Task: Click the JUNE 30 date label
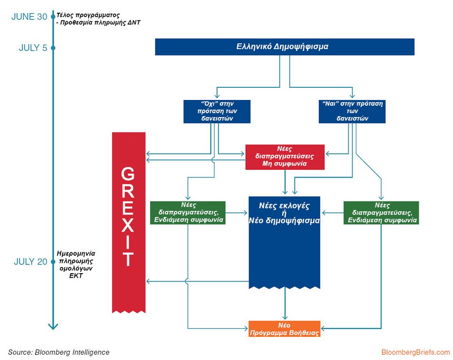[29, 17]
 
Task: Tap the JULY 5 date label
[33, 48]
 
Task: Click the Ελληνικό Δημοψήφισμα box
[285, 47]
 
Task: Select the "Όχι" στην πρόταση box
[216, 111]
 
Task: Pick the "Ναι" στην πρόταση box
[352, 111]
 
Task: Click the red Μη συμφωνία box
[285, 156]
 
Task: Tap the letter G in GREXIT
[128, 175]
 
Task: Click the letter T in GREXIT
[128, 259]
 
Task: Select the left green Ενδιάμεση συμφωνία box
[187, 212]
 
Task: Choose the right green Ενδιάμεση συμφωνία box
[381, 212]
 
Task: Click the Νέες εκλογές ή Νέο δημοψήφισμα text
[285, 213]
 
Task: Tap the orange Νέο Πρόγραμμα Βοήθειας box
[285, 329]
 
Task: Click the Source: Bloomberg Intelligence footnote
[59, 352]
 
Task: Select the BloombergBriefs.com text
[415, 352]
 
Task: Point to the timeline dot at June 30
[53, 17]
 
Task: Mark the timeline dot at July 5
[53, 48]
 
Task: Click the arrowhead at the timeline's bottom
[53, 327]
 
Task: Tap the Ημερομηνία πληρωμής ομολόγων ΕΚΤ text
[75, 264]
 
